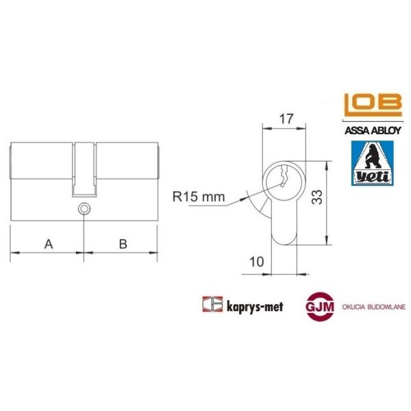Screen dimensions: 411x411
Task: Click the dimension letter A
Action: tap(48, 243)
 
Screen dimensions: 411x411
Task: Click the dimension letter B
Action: tap(122, 243)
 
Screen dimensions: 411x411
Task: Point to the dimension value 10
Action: tap(258, 261)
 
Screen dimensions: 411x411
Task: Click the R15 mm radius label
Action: tap(199, 198)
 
